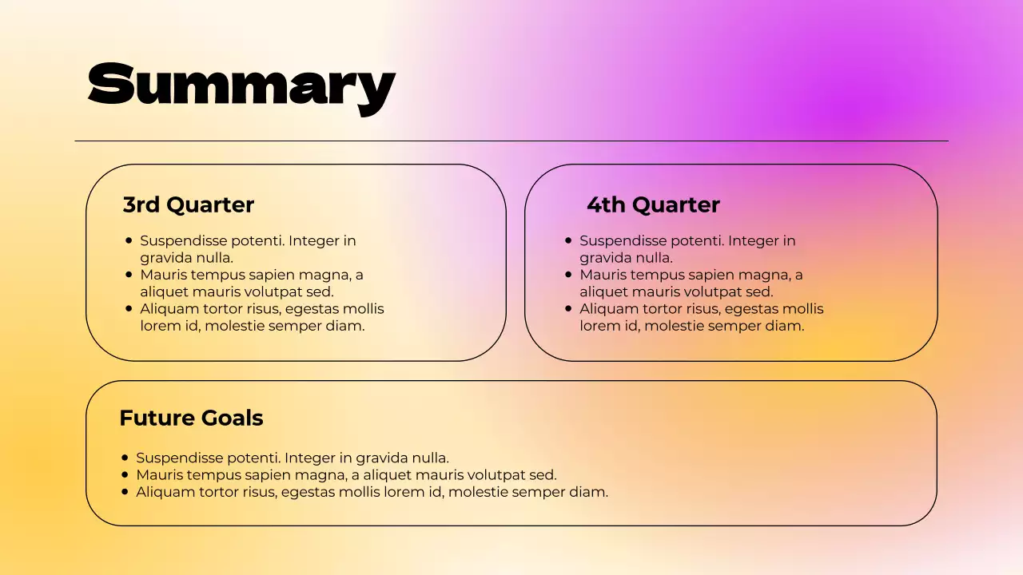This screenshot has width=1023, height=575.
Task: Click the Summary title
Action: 241,85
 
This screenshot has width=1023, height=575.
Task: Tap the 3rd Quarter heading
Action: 189,205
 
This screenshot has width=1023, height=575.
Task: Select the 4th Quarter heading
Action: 653,205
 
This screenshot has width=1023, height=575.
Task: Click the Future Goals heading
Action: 191,418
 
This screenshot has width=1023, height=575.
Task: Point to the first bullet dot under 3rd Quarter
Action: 129,240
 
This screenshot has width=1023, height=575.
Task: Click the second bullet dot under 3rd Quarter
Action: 129,274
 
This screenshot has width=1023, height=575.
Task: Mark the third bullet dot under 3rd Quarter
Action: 129,308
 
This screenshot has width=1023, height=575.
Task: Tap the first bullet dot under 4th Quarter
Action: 568,240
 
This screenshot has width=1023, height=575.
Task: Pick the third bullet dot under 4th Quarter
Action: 568,308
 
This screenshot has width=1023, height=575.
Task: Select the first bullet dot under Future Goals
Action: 125,458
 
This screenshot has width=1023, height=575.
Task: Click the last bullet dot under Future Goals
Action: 125,491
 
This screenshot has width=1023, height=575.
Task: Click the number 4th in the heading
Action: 606,205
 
